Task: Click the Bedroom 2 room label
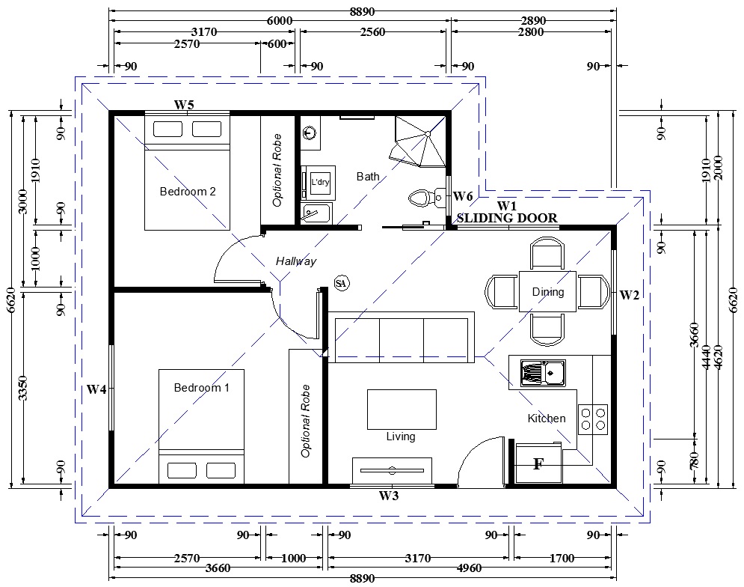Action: [x=188, y=192]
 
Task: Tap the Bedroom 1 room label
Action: [x=202, y=388]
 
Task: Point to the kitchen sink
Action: [x=543, y=372]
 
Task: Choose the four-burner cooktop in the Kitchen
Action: [x=593, y=419]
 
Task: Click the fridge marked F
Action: [x=538, y=463]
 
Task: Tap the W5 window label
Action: [x=184, y=105]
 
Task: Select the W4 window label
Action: [x=96, y=390]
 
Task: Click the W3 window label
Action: [x=389, y=496]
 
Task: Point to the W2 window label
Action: [x=629, y=296]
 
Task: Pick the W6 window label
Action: [x=463, y=196]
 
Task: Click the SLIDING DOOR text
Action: [x=507, y=218]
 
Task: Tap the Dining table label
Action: [x=548, y=292]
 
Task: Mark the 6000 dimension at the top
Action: [x=280, y=20]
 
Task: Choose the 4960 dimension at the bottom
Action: [x=469, y=568]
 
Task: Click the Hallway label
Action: [x=296, y=261]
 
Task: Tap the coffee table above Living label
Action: [x=402, y=410]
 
